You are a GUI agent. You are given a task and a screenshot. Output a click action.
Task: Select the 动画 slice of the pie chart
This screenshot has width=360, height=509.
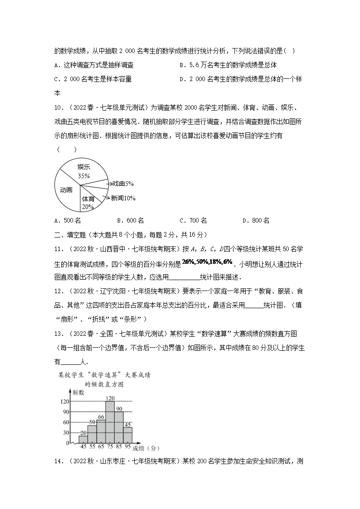click(66, 190)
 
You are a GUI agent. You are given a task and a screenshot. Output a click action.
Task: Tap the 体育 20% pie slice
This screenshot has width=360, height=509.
click(88, 202)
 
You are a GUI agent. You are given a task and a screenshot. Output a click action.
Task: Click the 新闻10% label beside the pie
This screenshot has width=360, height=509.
click(123, 198)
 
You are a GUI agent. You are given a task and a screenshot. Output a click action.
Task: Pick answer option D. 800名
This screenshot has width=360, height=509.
click(256, 221)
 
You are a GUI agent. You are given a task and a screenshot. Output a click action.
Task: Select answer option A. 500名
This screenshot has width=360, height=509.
click(67, 221)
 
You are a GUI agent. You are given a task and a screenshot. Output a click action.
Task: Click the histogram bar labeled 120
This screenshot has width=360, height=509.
click(110, 422)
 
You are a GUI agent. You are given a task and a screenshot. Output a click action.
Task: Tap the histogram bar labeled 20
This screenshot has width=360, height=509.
click(83, 439)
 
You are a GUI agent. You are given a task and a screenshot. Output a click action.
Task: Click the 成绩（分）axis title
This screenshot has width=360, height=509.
click(146, 448)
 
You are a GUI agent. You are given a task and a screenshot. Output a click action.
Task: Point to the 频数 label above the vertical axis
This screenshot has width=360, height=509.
click(78, 393)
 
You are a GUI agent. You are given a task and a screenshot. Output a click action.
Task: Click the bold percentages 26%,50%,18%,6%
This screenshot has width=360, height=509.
click(207, 262)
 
